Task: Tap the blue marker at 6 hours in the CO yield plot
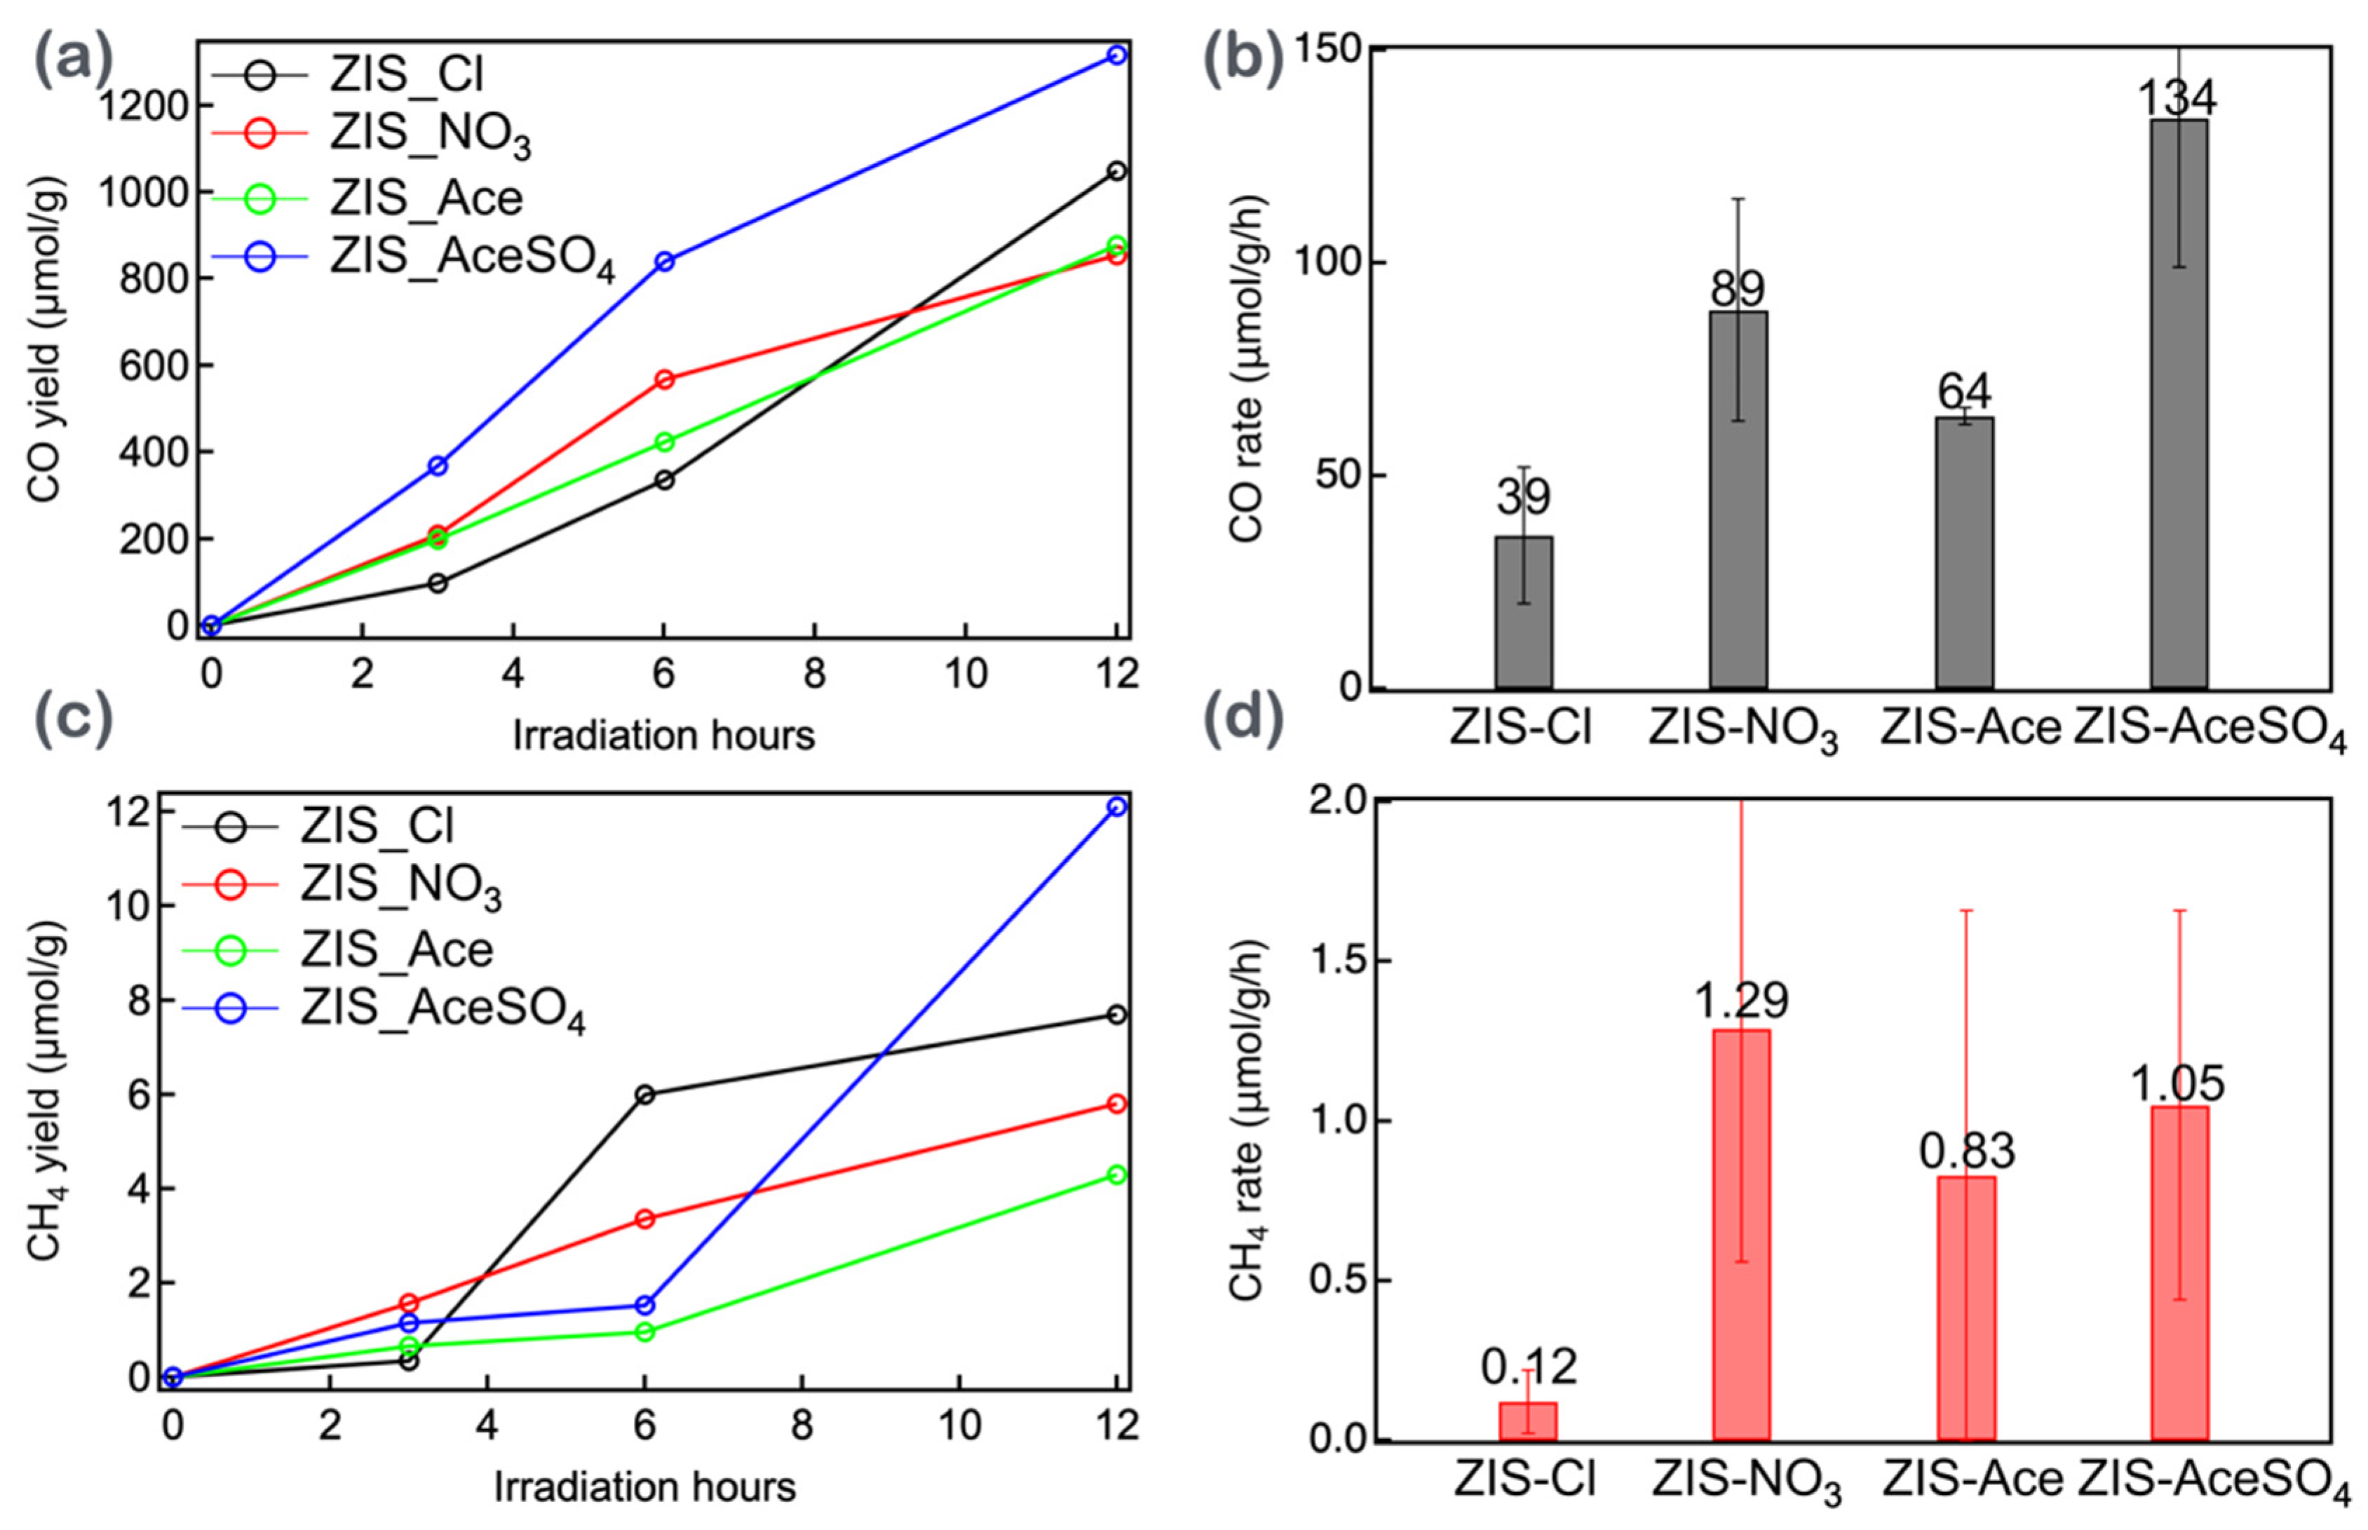[x=665, y=262]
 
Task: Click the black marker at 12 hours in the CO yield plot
[x=1116, y=171]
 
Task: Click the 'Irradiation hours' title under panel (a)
[x=663, y=735]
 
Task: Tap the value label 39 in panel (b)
[x=1523, y=496]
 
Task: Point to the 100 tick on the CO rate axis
[x=1331, y=263]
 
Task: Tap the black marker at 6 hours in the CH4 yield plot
[x=644, y=1095]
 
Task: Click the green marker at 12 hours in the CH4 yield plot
[x=1116, y=1174]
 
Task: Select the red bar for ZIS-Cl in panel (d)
[x=1528, y=1420]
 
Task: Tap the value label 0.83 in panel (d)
[x=1967, y=1151]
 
